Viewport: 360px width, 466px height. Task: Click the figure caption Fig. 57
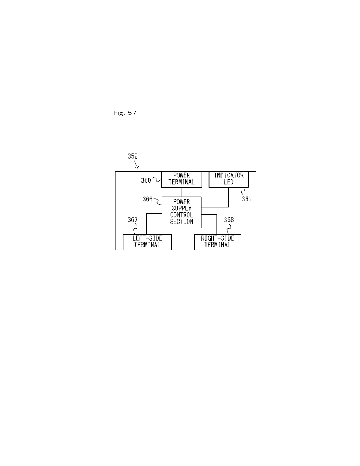[x=125, y=113]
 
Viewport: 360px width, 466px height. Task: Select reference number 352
[x=132, y=156]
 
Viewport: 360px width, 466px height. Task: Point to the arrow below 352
[x=136, y=164]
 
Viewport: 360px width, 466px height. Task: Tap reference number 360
[x=146, y=180]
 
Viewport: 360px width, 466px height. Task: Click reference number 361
[x=247, y=199]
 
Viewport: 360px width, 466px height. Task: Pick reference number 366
[x=147, y=199]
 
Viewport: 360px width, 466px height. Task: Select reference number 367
[x=132, y=220]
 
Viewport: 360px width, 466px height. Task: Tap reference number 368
[x=229, y=220]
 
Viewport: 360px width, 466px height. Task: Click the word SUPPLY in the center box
[x=181, y=208]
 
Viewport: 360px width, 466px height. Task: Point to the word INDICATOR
[x=229, y=176]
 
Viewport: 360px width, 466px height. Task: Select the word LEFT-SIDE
[x=147, y=238]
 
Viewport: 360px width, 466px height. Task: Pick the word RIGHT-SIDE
[x=218, y=238]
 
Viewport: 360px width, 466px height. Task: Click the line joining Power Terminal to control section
[x=181, y=192]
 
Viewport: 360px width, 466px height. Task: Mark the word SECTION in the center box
[x=181, y=221]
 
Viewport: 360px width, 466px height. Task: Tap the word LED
[x=228, y=182]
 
